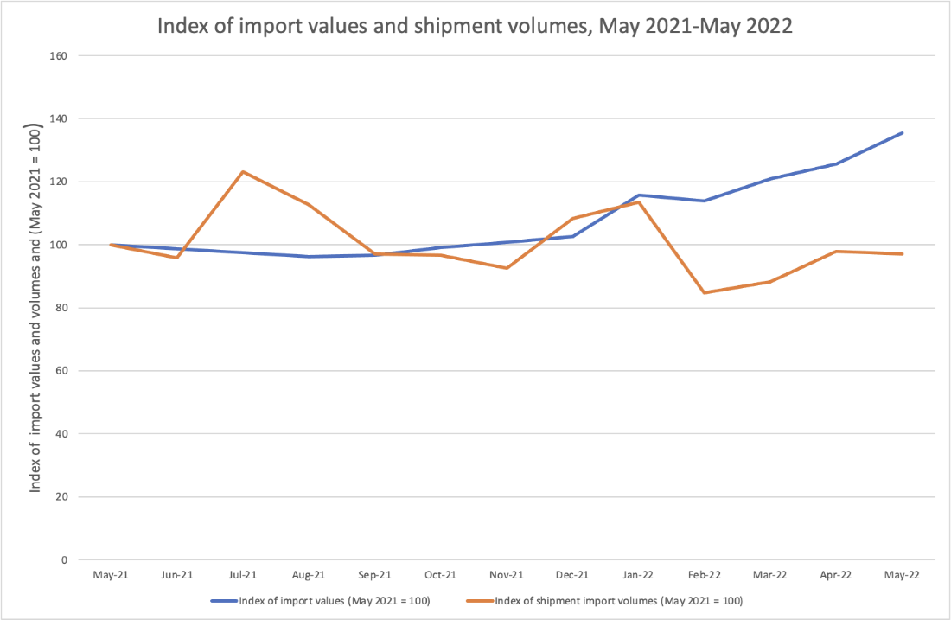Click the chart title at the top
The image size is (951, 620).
(475, 27)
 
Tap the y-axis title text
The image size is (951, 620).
(36, 307)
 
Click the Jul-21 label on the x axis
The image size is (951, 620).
(243, 574)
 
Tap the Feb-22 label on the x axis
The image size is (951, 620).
(705, 574)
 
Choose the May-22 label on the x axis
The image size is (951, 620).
(903, 574)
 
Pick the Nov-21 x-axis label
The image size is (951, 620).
(507, 574)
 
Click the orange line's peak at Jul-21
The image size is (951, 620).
(243, 171)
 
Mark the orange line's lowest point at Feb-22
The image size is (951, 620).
(705, 293)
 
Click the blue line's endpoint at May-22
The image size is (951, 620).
(903, 132)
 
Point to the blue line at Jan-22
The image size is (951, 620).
(639, 195)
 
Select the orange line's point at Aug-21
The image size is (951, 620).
(309, 204)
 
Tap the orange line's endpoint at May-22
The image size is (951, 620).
(903, 254)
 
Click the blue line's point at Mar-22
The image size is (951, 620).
(770, 179)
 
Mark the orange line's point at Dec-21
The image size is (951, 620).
(572, 218)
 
